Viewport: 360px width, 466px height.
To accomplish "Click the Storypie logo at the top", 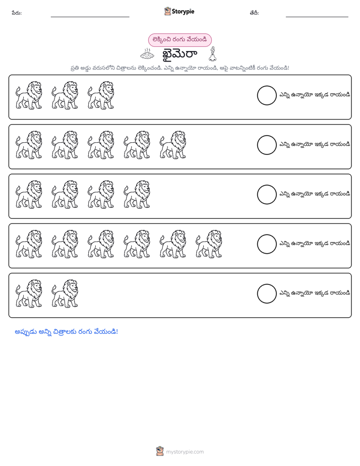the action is [179, 11].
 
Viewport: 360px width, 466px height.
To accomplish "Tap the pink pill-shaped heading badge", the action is [180, 40].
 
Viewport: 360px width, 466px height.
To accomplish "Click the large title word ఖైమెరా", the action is [179, 54].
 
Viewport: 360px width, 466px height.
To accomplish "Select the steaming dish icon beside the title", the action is [147, 54].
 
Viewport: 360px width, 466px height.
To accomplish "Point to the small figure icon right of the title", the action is [212, 54].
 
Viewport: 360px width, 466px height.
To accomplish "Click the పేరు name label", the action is [17, 13].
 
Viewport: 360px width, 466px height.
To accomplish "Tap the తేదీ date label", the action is [254, 13].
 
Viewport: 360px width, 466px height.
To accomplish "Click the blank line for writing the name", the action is [90, 17].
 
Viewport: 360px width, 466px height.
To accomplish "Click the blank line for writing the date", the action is [317, 17].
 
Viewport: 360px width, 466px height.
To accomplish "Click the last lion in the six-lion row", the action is [209, 244].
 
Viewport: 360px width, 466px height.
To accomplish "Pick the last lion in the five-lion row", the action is [173, 145].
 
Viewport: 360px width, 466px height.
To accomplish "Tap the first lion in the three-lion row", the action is [29, 95].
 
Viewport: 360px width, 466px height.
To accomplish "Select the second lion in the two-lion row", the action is [65, 294].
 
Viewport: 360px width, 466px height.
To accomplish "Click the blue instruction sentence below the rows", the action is [66, 332].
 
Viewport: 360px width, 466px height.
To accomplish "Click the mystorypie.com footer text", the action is [185, 452].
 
